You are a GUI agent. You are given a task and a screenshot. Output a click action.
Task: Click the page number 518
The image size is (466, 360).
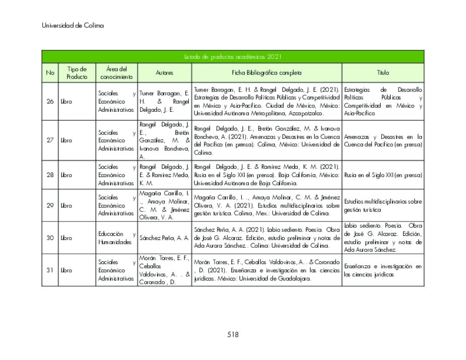(233, 334)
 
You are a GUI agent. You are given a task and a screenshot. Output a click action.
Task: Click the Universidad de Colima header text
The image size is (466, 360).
(73, 26)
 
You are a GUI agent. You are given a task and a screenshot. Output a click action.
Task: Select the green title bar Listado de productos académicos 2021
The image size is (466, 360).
(233, 57)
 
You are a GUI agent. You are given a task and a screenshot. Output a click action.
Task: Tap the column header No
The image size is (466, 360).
(50, 73)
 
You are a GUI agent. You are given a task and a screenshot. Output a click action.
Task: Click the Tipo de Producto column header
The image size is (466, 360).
(77, 73)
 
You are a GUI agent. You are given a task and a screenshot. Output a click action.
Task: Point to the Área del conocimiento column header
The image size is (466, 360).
(116, 73)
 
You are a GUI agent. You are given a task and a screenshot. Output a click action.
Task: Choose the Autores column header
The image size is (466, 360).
(164, 73)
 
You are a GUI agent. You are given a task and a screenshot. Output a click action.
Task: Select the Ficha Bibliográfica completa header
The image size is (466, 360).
(267, 73)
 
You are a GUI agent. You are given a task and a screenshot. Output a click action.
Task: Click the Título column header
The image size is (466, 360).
(383, 73)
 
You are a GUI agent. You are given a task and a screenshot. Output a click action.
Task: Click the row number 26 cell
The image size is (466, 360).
(50, 102)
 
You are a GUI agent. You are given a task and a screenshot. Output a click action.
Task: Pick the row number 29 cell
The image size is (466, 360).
(50, 205)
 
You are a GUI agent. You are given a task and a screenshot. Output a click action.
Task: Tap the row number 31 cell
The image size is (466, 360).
(50, 270)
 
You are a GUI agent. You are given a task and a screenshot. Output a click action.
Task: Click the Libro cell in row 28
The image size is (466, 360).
(77, 175)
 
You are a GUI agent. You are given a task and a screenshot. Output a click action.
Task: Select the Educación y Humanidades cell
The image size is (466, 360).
(116, 238)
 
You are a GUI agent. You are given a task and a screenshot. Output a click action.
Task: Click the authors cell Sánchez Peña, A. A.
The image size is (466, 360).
(164, 238)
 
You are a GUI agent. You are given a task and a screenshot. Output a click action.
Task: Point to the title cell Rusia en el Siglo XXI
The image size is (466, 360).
(383, 175)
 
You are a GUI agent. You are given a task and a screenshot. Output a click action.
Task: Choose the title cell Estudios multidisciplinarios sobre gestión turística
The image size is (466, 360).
(383, 205)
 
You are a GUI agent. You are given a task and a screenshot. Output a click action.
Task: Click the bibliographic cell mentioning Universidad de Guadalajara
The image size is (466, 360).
(267, 270)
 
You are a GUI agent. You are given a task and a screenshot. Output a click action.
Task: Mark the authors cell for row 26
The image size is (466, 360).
(164, 102)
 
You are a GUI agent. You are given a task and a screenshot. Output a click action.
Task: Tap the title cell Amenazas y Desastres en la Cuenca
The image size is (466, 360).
(383, 140)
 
